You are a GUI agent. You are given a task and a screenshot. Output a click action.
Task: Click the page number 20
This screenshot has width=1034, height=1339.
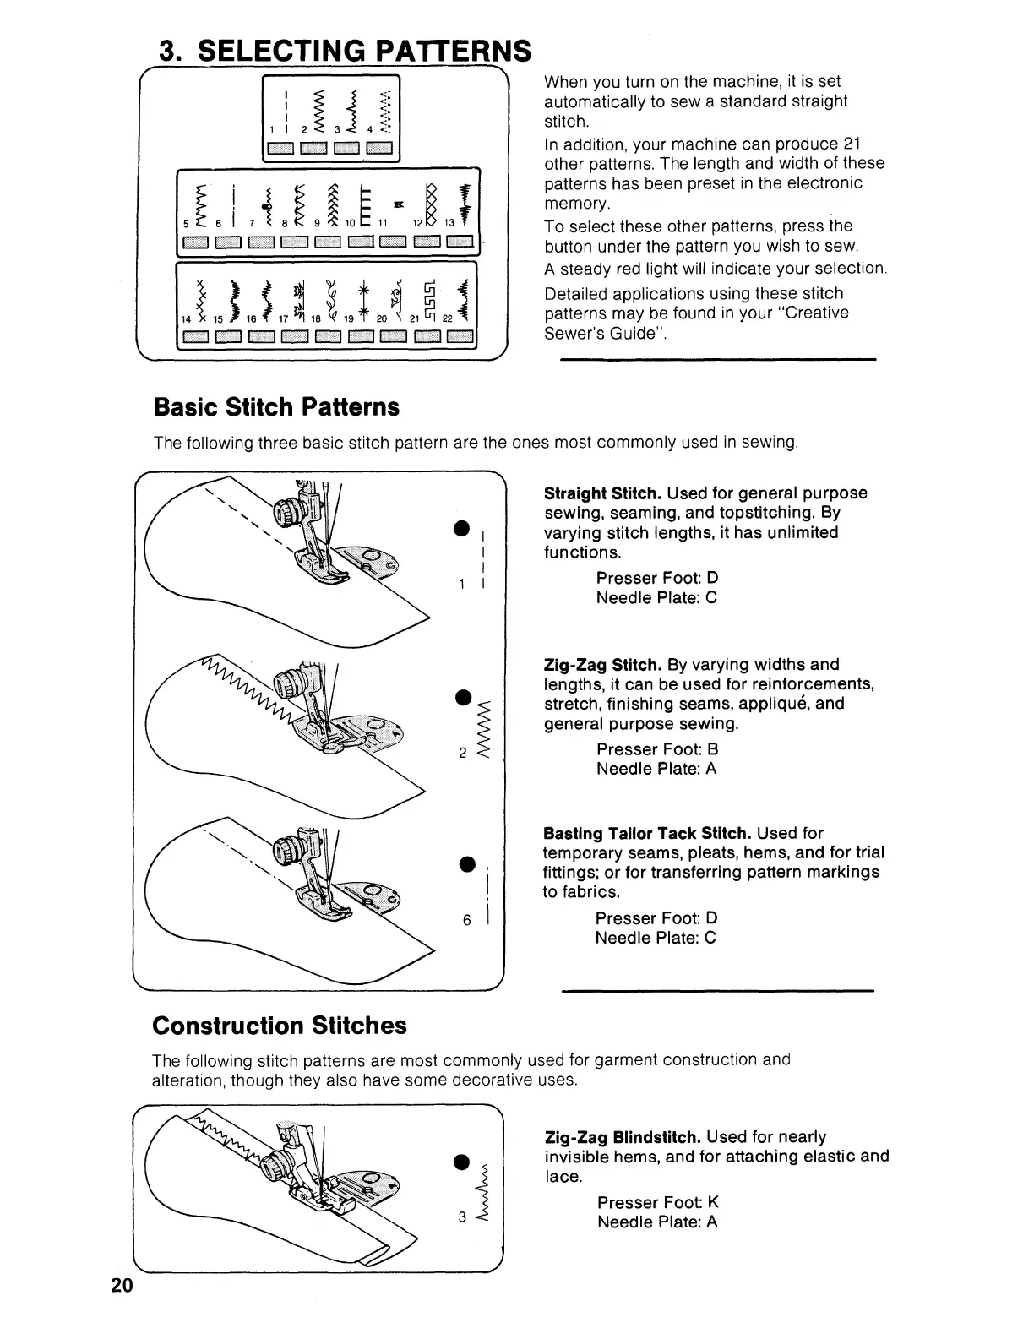coord(121,1286)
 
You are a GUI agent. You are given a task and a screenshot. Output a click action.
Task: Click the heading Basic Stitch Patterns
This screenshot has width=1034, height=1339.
coord(275,407)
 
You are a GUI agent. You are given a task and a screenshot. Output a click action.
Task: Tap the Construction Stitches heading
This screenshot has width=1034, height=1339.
coord(279,1026)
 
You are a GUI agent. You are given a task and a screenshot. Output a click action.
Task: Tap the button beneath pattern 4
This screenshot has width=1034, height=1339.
coord(379,151)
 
